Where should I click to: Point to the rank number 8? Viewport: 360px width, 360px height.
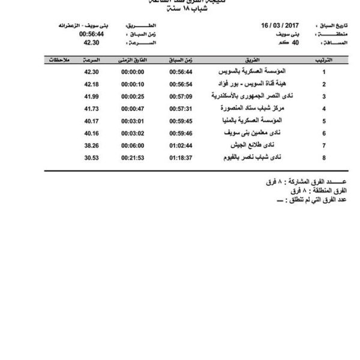pyautogui.click(x=325, y=158)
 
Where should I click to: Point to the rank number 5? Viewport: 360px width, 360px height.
pyautogui.click(x=325, y=121)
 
